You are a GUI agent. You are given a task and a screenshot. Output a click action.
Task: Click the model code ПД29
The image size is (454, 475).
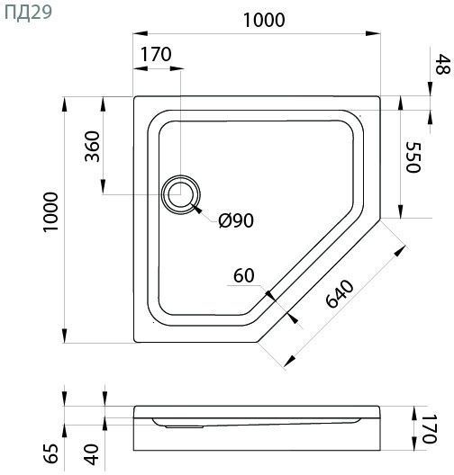28,13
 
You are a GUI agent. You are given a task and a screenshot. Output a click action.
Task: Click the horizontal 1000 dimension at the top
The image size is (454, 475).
264,21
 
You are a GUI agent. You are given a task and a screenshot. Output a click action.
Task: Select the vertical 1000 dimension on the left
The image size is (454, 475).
50,211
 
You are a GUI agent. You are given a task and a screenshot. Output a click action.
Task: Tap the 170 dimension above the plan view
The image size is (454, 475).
156,55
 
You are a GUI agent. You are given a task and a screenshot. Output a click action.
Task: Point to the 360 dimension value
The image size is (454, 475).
92,147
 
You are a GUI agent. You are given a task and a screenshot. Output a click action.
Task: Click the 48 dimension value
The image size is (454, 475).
442,64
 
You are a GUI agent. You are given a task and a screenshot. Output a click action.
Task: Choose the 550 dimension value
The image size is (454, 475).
413,157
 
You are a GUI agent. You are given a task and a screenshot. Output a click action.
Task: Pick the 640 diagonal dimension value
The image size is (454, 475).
340,293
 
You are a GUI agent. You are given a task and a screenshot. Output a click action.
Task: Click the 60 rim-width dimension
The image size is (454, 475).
244,276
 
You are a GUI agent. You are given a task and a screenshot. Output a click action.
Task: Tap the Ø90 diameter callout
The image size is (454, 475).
236,220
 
